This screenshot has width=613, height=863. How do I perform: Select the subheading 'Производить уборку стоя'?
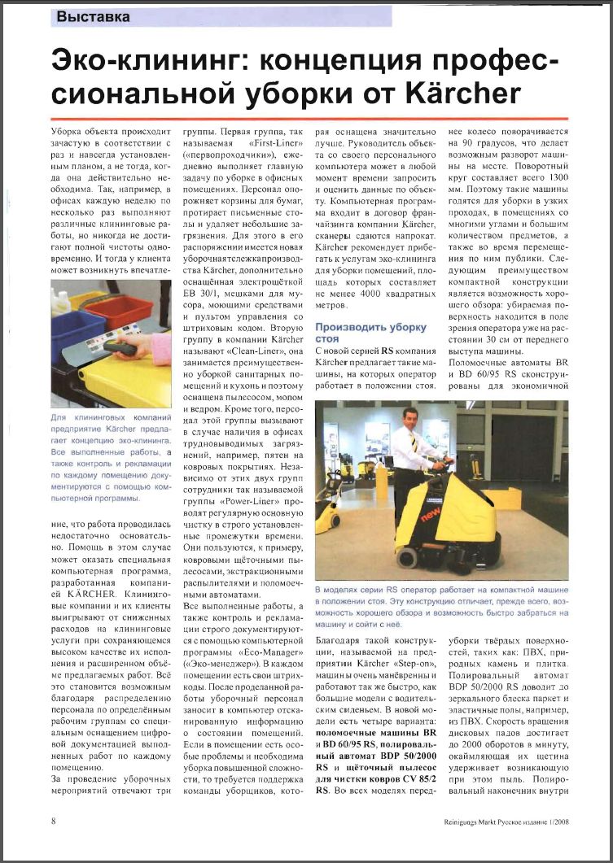[x=370, y=333]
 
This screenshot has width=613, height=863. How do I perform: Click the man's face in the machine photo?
[x=409, y=417]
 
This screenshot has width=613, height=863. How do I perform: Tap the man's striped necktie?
[x=413, y=442]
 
